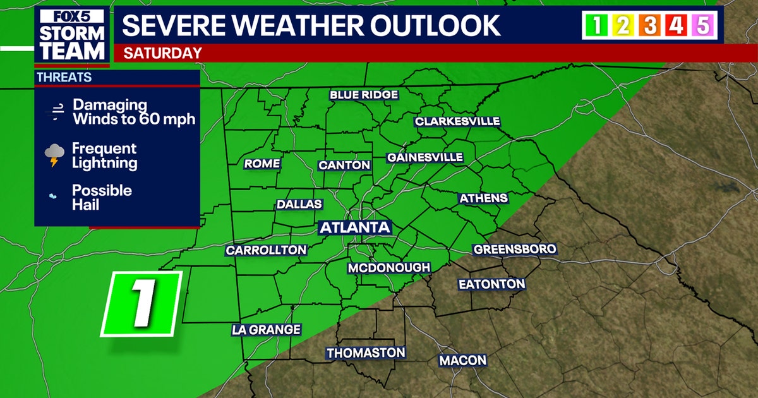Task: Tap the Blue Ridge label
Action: pos(364,95)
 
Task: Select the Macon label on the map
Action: pos(463,361)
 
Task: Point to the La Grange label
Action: pos(266,330)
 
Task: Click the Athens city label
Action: pos(483,198)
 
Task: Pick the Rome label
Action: pos(262,164)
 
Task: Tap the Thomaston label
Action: pos(366,353)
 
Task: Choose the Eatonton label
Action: pos(492,284)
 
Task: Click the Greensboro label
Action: pos(515,249)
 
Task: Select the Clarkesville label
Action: pos(457,121)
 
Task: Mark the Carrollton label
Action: pos(266,250)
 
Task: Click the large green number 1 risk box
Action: pos(141,304)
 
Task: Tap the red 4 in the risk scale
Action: pos(676,26)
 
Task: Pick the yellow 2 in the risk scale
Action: pos(622,26)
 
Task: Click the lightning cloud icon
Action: pos(55,155)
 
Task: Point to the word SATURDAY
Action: pos(162,53)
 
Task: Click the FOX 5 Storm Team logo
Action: pos(71,36)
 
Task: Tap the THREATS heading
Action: pos(64,78)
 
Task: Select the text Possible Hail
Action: pos(102,197)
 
